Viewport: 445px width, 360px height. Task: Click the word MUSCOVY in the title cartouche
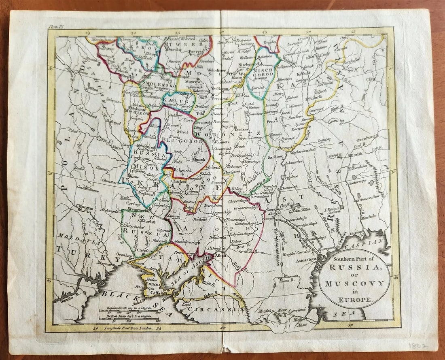click(354, 283)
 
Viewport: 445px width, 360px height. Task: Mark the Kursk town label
click(199, 160)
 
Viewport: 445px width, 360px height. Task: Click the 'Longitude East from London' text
click(125, 328)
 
